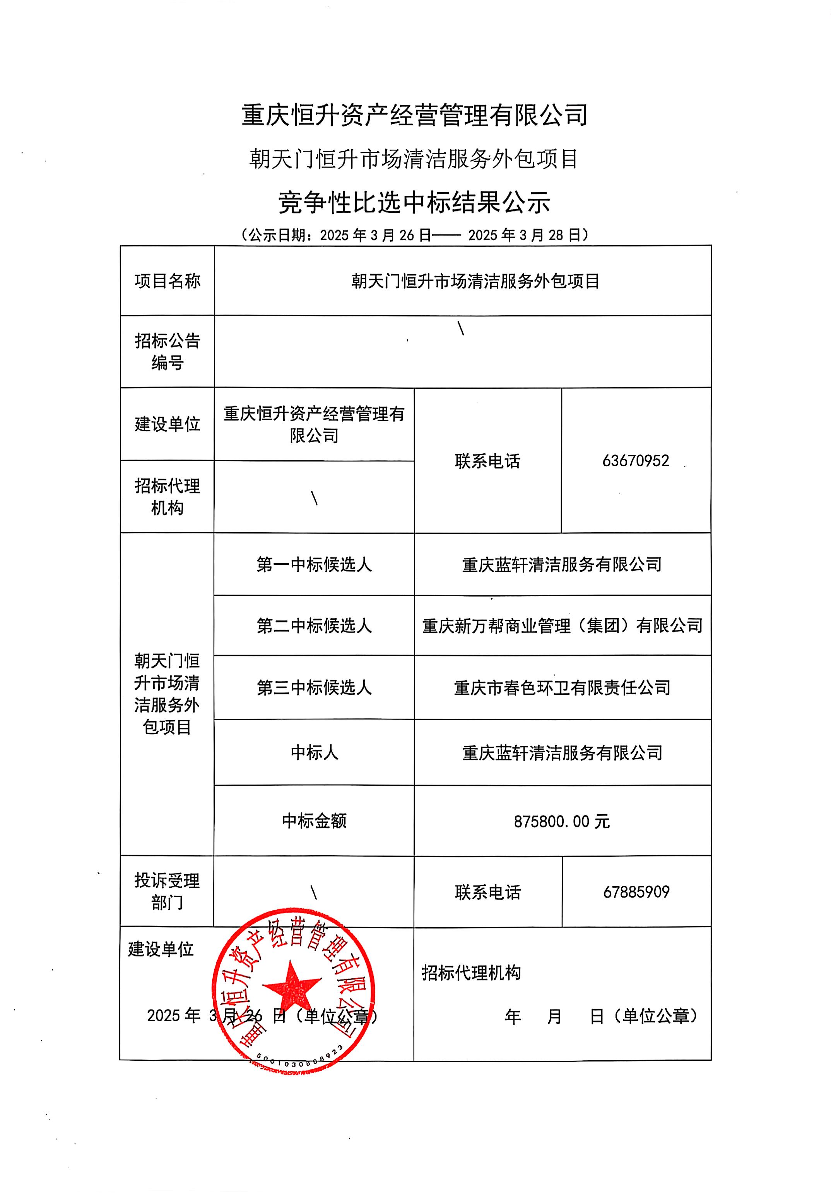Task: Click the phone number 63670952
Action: click(x=635, y=460)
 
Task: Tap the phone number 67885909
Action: click(x=636, y=892)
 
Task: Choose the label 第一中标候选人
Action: click(x=314, y=564)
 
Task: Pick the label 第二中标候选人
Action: click(x=314, y=626)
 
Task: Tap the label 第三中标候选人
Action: click(x=314, y=687)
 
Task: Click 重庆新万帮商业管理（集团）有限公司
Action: click(x=562, y=626)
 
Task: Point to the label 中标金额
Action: click(x=314, y=820)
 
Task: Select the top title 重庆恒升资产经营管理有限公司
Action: click(x=414, y=115)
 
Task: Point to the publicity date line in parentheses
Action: click(x=414, y=235)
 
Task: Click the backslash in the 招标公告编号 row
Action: click(x=460, y=328)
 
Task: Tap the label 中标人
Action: click(x=314, y=752)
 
